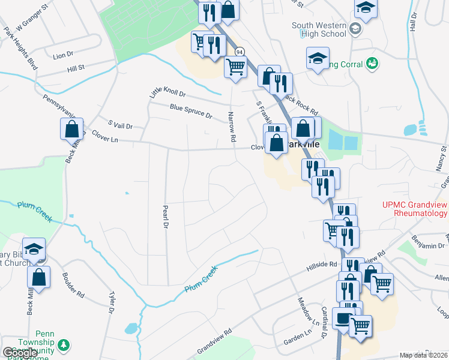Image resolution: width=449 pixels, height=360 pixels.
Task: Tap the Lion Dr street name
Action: (63, 55)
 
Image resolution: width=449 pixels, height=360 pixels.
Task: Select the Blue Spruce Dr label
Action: (191, 111)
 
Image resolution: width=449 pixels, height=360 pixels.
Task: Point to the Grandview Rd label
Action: (214, 340)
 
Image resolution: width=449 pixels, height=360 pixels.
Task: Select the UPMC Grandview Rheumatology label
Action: (414, 208)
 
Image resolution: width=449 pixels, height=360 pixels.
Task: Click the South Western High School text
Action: (319, 29)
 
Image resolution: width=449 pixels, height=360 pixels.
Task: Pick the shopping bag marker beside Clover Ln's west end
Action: (71, 128)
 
